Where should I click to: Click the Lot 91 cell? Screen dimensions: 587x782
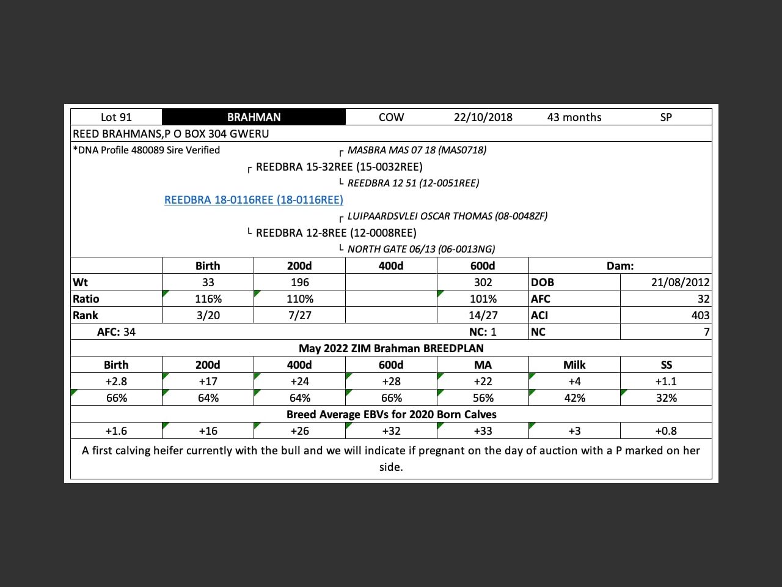click(116, 117)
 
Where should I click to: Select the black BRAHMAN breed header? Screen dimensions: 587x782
click(254, 117)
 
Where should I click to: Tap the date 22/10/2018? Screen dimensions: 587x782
click(483, 117)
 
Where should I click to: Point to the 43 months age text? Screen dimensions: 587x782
click(574, 117)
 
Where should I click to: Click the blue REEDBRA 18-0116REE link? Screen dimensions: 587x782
click(254, 200)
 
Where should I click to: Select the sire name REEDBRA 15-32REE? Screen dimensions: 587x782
click(339, 167)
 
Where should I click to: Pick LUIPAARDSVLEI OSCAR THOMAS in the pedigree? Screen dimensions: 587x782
click(447, 216)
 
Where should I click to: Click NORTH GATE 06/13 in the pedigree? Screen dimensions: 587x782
click(421, 249)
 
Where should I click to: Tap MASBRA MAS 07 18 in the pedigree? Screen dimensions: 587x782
click(417, 150)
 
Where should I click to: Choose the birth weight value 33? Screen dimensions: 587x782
click(208, 282)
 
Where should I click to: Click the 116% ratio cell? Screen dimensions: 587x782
click(208, 299)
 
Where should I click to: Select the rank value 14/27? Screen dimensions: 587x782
click(483, 316)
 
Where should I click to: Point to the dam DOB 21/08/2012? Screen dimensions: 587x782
click(680, 282)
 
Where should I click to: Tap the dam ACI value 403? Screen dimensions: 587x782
click(700, 316)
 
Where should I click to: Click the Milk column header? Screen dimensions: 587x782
click(574, 365)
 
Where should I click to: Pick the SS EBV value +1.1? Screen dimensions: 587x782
click(666, 382)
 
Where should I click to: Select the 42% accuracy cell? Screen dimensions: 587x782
click(574, 398)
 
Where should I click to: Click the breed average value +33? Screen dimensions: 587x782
click(483, 431)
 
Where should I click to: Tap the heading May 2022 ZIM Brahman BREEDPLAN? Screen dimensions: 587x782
click(391, 349)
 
